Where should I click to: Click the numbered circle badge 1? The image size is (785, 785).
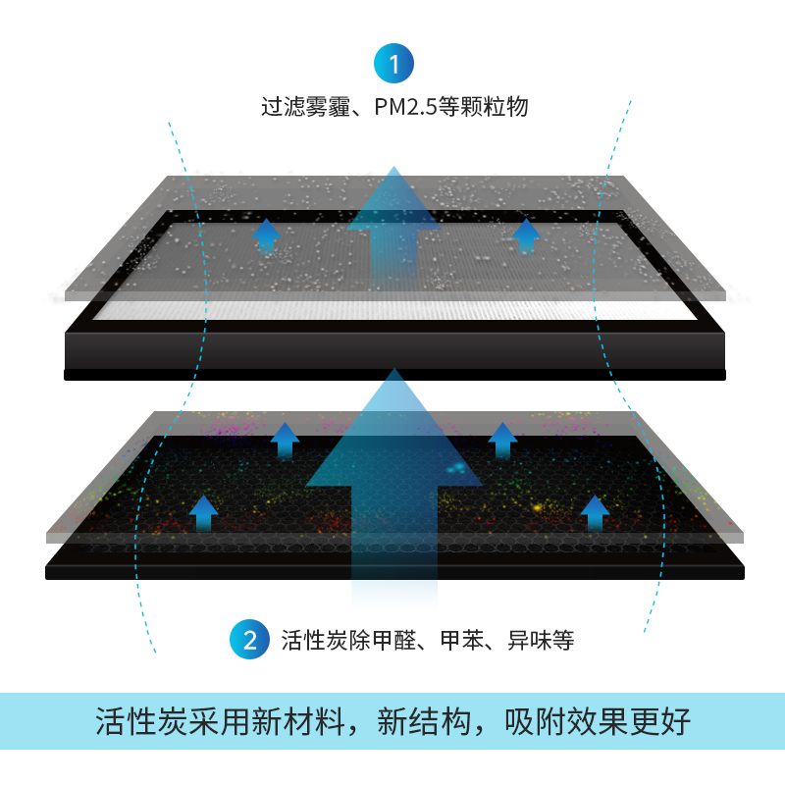coord(393,65)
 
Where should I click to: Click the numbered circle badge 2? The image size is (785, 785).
coord(249,641)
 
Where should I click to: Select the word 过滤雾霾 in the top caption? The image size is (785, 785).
coord(305,107)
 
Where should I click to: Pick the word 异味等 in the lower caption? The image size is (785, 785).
coord(540,642)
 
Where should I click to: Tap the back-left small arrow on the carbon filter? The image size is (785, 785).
coord(285,440)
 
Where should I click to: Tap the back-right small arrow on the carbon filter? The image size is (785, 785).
coord(502,440)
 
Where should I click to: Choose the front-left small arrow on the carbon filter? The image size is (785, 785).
coord(203,512)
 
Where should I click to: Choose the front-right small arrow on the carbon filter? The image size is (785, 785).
coord(595,512)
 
